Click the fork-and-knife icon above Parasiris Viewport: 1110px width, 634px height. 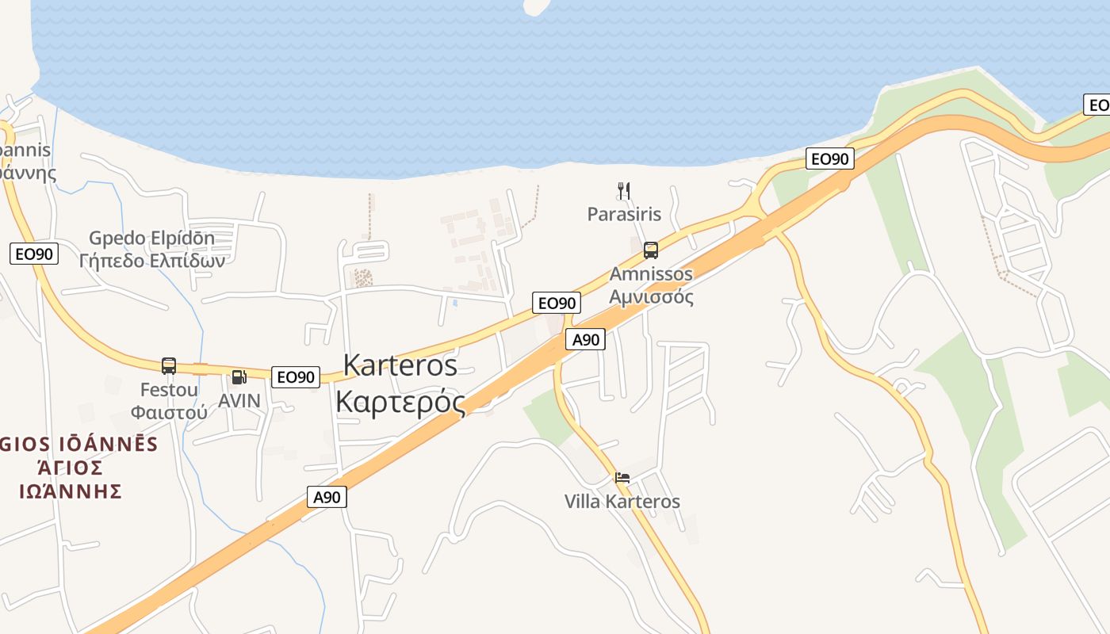624,190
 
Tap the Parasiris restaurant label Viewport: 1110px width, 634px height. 624,214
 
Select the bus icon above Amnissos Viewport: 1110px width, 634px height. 651,250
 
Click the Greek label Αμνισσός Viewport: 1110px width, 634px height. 651,297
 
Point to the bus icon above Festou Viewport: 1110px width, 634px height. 169,365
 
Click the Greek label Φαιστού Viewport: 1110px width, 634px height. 169,412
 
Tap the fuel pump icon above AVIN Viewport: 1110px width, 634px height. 239,377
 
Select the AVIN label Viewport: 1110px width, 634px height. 239,401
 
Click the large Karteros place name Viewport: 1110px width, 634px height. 400,365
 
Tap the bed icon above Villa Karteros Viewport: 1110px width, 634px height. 622,478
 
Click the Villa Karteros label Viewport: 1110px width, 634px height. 622,502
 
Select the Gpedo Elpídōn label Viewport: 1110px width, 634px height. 151,238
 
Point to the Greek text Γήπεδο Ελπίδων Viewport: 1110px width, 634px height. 151,260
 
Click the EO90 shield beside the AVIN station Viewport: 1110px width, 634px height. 296,377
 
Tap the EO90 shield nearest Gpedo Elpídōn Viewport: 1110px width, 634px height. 34,254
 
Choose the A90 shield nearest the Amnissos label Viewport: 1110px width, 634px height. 586,340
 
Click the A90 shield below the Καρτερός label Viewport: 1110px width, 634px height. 327,498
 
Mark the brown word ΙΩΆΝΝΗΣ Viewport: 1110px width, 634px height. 71,491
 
